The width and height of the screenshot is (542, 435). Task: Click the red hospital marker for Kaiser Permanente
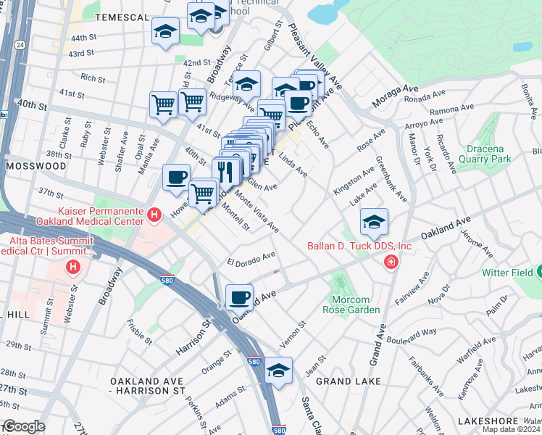154,215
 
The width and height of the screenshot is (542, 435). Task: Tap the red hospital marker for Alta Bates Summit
72,268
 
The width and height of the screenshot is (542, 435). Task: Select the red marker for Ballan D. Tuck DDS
391,262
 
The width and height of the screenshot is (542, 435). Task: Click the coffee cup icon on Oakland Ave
239,297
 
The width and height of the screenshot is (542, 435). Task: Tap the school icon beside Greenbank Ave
374,221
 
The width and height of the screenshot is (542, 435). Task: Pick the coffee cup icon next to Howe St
176,178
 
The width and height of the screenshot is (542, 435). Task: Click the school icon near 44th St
166,32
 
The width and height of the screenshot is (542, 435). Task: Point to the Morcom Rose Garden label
345,304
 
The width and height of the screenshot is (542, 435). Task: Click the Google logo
23,426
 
